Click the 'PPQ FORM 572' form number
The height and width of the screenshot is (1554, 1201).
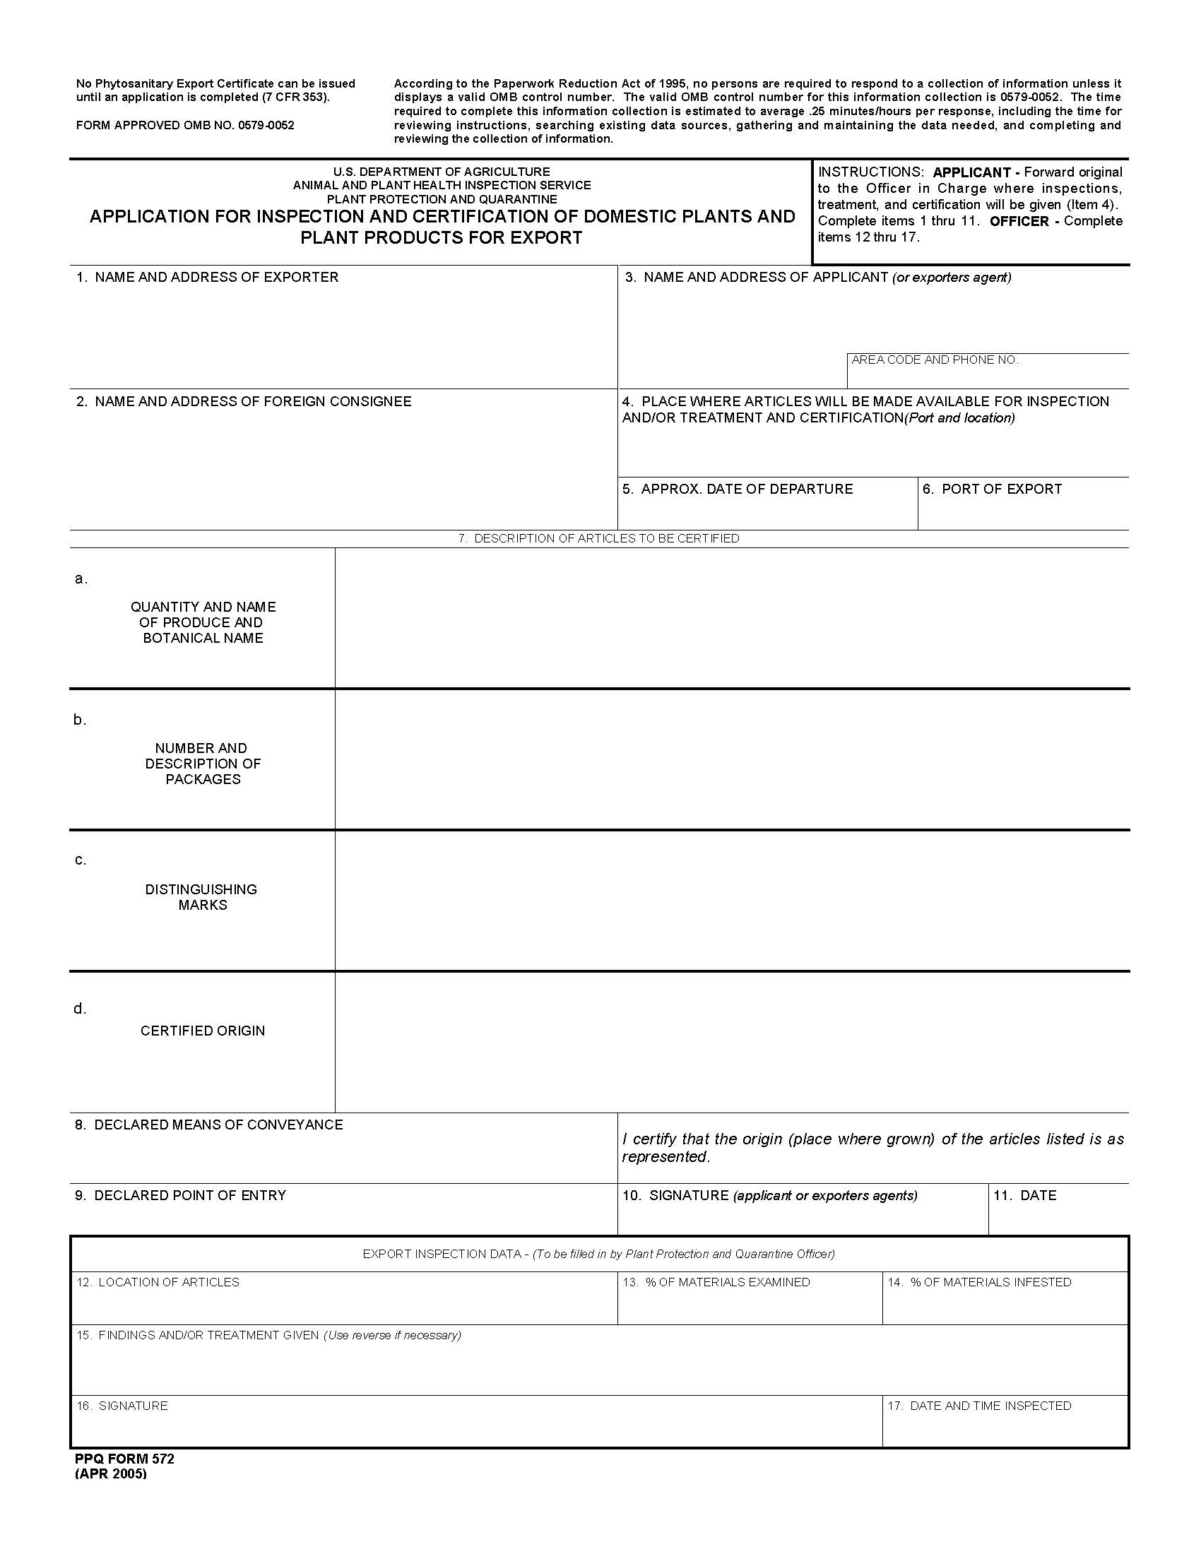point(124,1459)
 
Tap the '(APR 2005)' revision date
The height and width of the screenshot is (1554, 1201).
point(111,1473)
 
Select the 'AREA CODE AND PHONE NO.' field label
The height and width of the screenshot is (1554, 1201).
point(935,360)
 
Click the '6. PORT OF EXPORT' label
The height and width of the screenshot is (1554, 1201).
point(992,490)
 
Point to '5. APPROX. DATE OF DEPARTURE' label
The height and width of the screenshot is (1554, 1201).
point(737,490)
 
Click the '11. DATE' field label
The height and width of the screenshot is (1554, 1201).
point(1024,1195)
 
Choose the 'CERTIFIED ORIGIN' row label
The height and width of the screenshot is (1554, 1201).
point(203,1031)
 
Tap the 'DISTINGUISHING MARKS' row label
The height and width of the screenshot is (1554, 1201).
point(201,897)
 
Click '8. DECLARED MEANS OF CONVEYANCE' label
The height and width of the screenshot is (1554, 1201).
point(209,1125)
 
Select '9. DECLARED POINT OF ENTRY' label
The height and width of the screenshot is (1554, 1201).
point(181,1195)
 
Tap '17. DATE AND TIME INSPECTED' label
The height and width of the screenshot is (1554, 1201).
point(979,1406)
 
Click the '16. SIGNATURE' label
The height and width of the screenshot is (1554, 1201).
point(122,1406)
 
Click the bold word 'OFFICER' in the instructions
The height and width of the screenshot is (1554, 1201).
point(1019,221)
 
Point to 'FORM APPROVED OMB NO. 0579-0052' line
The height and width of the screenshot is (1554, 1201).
point(185,125)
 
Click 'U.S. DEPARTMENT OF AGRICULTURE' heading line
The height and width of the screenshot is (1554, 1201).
point(441,172)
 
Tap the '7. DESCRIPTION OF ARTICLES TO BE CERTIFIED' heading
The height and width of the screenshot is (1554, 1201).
point(598,539)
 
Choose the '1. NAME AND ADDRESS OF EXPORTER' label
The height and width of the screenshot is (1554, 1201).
point(208,278)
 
